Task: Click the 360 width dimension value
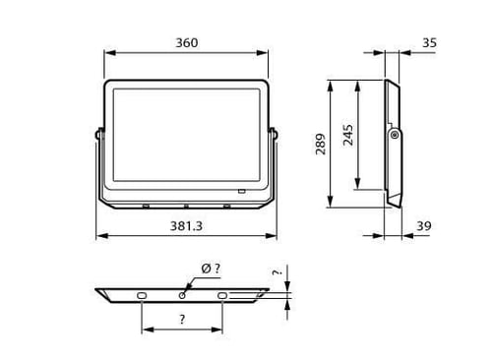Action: (x=187, y=43)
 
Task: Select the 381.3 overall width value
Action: (x=186, y=226)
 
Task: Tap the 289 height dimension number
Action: (x=321, y=144)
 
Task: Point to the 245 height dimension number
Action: (x=348, y=135)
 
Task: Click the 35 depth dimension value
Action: (x=429, y=43)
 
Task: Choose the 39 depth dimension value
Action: (x=424, y=226)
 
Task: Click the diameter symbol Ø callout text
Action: (x=211, y=269)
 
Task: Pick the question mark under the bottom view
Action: (x=182, y=319)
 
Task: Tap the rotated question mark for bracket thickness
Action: (x=277, y=272)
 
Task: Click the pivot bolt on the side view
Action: (x=395, y=135)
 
